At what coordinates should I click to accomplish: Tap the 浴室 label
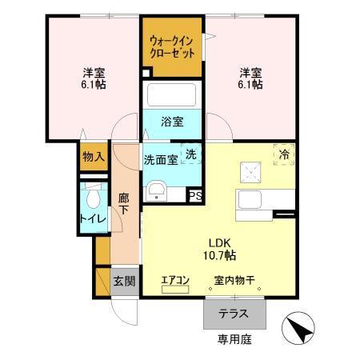(x=172, y=122)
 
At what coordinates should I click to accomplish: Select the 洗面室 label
(x=160, y=159)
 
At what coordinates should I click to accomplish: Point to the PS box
(x=195, y=194)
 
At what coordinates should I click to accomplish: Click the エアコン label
(x=174, y=280)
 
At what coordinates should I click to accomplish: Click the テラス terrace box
(x=228, y=313)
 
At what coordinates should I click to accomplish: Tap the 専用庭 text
(x=234, y=338)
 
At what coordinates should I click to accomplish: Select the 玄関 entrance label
(x=124, y=281)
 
